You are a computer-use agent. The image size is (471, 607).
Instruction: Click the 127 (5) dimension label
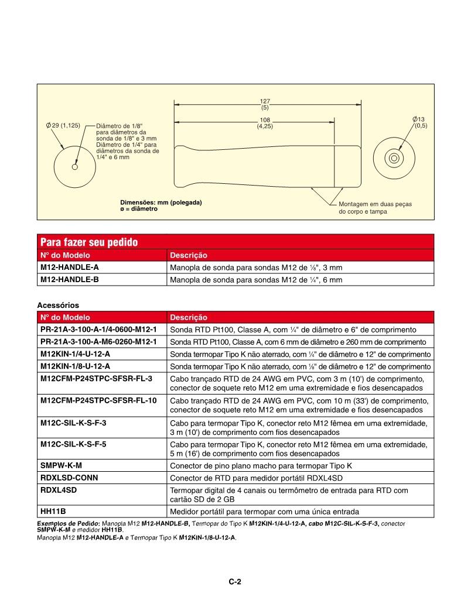click(265, 104)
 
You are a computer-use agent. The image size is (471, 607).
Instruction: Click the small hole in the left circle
click(74, 167)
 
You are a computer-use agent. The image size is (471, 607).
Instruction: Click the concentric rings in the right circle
click(394, 157)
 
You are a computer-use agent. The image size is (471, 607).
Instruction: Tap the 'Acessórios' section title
click(58, 305)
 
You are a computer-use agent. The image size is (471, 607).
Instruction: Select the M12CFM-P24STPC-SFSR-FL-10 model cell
click(98, 400)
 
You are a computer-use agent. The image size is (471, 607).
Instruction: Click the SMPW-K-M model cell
click(62, 466)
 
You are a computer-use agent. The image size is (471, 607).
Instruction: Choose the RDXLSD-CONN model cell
click(69, 478)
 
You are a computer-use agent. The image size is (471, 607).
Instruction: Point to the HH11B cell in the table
click(53, 511)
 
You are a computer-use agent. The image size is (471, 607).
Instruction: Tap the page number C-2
click(235, 581)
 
